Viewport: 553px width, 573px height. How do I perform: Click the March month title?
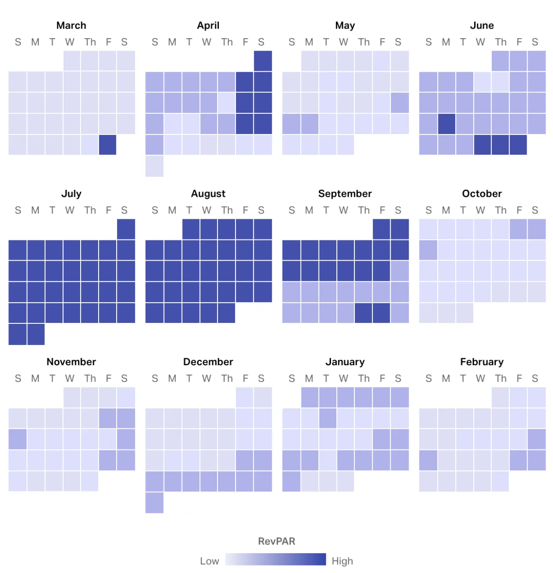71,25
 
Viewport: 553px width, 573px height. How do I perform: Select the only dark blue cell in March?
107,145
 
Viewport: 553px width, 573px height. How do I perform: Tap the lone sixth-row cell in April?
154,166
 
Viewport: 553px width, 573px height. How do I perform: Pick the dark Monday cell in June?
446,123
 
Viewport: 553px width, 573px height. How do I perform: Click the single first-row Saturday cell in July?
126,229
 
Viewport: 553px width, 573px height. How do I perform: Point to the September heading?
345,193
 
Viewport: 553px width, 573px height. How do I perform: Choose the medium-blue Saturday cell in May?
400,103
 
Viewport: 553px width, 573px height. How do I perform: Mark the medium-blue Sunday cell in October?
428,250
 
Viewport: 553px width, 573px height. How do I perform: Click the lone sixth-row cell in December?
154,502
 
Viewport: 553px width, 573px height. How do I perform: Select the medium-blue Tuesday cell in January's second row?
327,418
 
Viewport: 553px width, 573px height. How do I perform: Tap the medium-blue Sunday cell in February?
428,460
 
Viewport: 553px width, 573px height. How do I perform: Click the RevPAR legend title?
276,541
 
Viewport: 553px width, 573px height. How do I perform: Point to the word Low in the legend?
209,561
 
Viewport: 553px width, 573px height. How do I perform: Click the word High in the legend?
342,561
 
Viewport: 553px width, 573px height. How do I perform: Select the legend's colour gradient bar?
276,559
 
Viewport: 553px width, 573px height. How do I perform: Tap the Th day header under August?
227,210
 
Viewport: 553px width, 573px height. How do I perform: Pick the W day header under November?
70,379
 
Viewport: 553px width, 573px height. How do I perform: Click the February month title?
482,362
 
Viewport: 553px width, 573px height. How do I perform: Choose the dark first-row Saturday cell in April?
263,61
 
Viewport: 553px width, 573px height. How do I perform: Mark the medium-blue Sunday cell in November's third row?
18,439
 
